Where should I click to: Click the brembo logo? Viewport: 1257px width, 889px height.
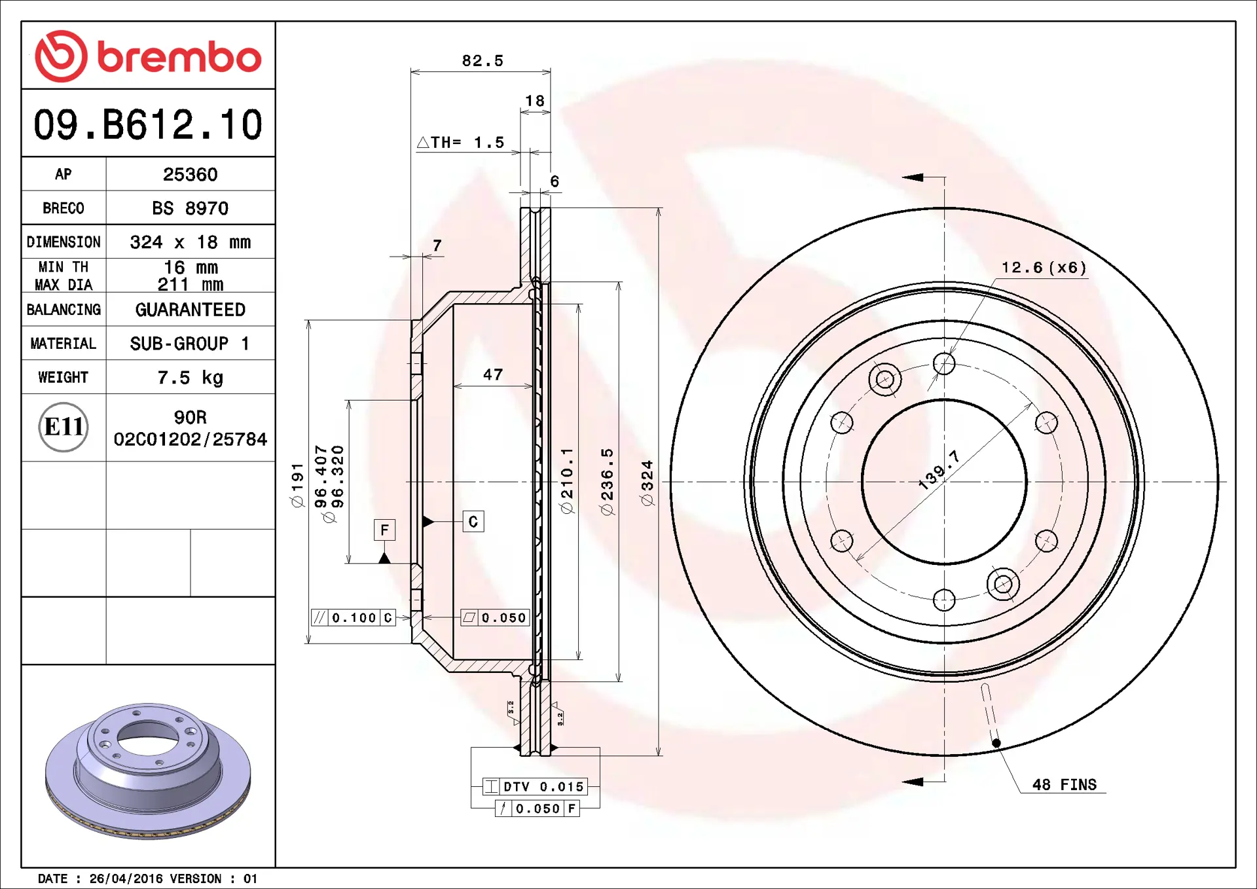pyautogui.click(x=148, y=56)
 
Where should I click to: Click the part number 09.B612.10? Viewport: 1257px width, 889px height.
pyautogui.click(x=148, y=124)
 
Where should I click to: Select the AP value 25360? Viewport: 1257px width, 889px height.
pyautogui.click(x=190, y=174)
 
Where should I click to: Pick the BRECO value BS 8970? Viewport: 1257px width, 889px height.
pyautogui.click(x=190, y=208)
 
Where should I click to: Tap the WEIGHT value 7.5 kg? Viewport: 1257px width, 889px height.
pyautogui.click(x=190, y=378)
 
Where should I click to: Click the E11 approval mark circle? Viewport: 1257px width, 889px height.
pyautogui.click(x=64, y=427)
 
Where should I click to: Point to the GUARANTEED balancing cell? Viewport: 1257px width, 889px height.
pyautogui.click(x=190, y=310)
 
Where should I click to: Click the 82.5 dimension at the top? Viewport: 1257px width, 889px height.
pyautogui.click(x=483, y=61)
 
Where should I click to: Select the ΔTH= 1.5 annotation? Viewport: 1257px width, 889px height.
pyautogui.click(x=461, y=142)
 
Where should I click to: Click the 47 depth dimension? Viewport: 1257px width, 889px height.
pyautogui.click(x=493, y=374)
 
